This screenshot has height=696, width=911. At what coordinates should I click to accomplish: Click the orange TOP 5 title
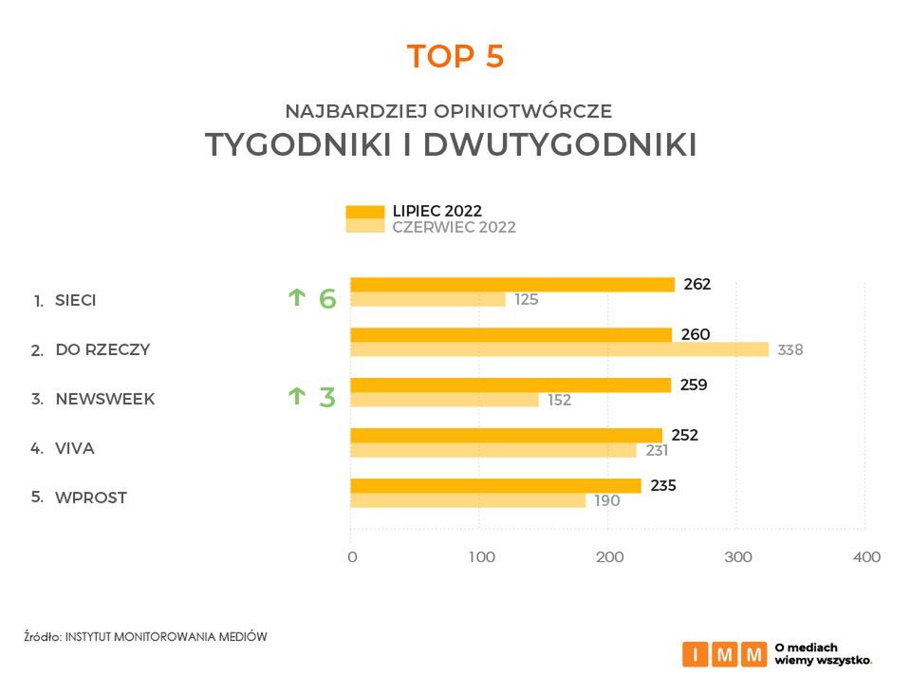pyautogui.click(x=455, y=57)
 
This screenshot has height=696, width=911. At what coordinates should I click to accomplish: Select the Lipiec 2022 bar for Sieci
pyautogui.click(x=512, y=284)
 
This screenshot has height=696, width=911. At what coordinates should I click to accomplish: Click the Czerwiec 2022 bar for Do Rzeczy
pyautogui.click(x=559, y=349)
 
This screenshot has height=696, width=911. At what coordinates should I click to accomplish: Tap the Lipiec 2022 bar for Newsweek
pyautogui.click(x=511, y=385)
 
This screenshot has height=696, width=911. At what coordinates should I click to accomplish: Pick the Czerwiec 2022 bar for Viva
pyautogui.click(x=493, y=450)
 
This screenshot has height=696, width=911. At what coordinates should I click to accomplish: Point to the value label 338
pyautogui.click(x=790, y=349)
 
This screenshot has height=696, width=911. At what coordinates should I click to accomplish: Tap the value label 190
pyautogui.click(x=607, y=500)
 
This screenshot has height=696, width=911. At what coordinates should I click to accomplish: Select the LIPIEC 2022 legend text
pyautogui.click(x=437, y=211)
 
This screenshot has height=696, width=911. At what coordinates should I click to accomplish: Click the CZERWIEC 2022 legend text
pyautogui.click(x=454, y=228)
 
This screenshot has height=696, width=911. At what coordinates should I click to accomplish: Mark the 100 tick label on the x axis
pyautogui.click(x=482, y=557)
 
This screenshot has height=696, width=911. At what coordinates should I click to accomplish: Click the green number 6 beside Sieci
pyautogui.click(x=327, y=299)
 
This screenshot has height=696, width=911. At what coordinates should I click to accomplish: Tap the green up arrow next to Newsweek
pyautogui.click(x=296, y=396)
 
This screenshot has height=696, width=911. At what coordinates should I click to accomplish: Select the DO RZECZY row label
pyautogui.click(x=102, y=349)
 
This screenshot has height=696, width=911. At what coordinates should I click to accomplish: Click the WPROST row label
pyautogui.click(x=91, y=498)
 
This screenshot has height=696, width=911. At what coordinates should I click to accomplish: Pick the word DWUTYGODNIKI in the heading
pyautogui.click(x=559, y=145)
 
